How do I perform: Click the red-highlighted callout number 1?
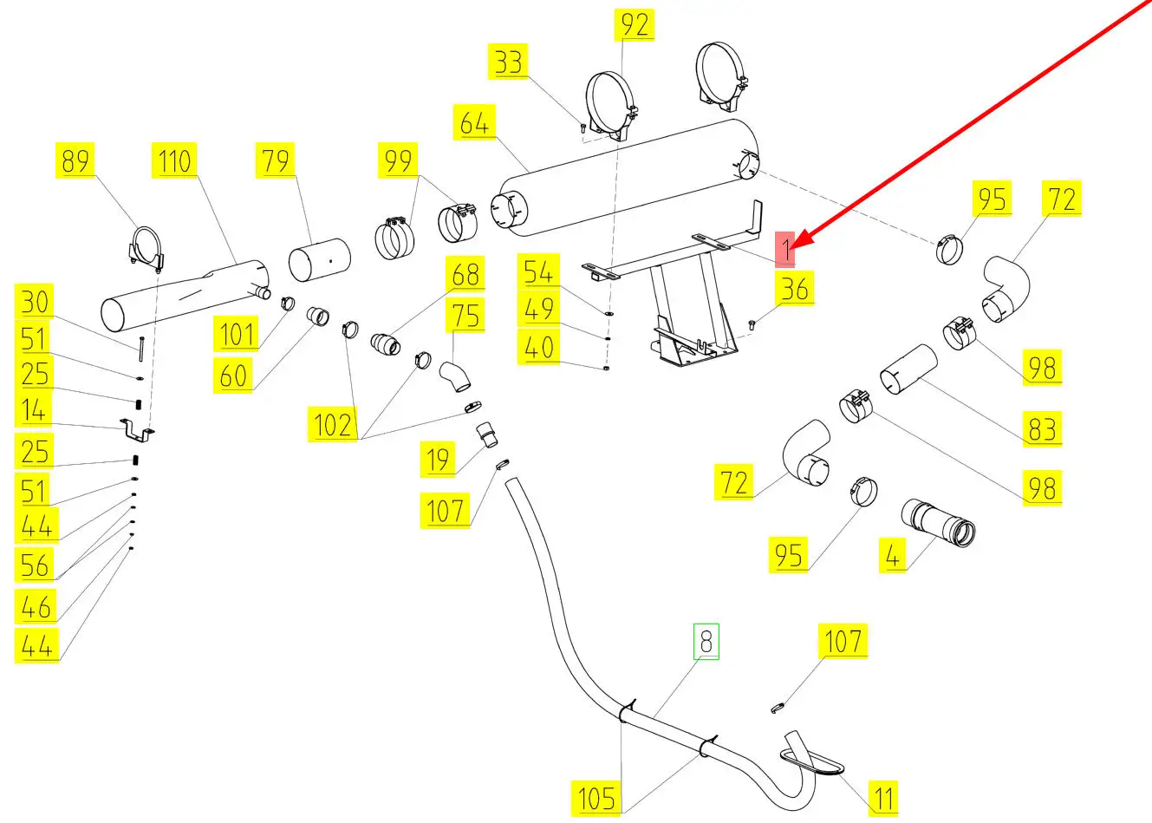[784, 249]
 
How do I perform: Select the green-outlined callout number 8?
[706, 642]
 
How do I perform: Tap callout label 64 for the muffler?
[474, 122]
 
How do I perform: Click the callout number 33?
[509, 62]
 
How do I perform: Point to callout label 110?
[175, 160]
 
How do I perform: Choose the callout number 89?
[75, 160]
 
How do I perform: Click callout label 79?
[277, 160]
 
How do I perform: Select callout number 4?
[893, 553]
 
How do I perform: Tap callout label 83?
[1042, 428]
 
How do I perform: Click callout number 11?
[883, 796]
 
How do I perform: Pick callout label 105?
[596, 797]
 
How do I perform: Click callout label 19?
[439, 459]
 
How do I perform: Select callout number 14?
[34, 410]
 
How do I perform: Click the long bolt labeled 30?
[139, 348]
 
